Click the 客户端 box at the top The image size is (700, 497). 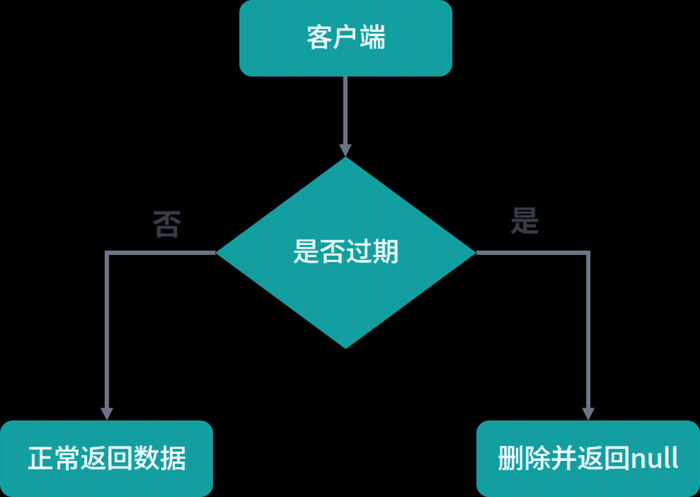point(346,38)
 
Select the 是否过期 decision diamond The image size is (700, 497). point(346,252)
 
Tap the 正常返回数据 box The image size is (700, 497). point(106,458)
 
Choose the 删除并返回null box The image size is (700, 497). point(588,458)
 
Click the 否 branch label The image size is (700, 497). point(167,224)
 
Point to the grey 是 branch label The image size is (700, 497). point(525,220)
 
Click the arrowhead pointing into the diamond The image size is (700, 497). point(345,150)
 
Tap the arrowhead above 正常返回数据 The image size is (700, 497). point(107,414)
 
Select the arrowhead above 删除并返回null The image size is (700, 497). point(588,414)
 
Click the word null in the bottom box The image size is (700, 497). point(654,458)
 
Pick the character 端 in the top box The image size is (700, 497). point(373,37)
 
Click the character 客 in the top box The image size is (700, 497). point(319,37)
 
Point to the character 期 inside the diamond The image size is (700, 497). point(385,252)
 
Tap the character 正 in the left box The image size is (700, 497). point(41,458)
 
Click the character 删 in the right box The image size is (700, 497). point(511,458)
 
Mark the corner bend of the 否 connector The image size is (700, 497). point(107,253)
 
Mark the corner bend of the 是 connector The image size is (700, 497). point(588,253)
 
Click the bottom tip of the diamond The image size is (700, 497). point(346,348)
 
